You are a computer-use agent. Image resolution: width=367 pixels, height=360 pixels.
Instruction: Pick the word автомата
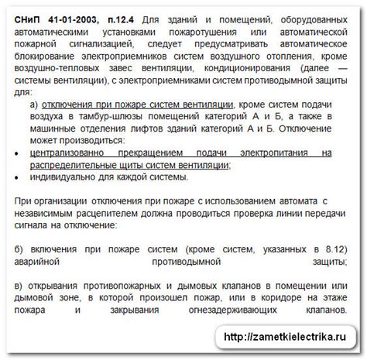[299, 202]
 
